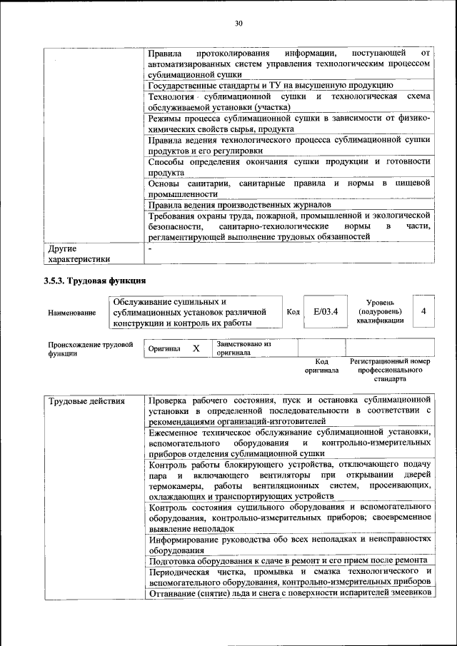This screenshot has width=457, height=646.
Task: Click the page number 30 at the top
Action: click(x=238, y=24)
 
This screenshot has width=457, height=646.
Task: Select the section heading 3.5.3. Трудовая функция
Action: click(x=94, y=281)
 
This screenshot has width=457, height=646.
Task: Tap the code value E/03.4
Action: click(x=325, y=312)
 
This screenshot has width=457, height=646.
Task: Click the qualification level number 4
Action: click(x=423, y=312)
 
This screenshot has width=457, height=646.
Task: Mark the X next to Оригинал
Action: click(x=196, y=348)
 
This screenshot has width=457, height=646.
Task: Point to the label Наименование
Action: click(x=71, y=313)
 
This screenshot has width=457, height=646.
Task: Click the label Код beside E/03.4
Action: click(x=293, y=312)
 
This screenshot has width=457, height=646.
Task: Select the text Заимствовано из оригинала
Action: click(x=243, y=348)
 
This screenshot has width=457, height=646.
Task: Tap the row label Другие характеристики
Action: click(x=79, y=254)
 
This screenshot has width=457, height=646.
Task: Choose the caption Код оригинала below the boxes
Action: click(x=321, y=366)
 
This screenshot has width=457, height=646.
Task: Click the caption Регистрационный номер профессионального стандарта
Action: click(x=390, y=370)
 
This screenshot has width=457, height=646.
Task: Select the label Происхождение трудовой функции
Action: click(x=90, y=348)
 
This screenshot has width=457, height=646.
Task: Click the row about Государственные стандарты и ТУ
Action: click(x=271, y=85)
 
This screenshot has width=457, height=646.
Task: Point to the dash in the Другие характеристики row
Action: click(x=150, y=248)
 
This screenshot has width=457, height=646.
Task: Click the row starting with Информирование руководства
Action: click(x=289, y=545)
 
